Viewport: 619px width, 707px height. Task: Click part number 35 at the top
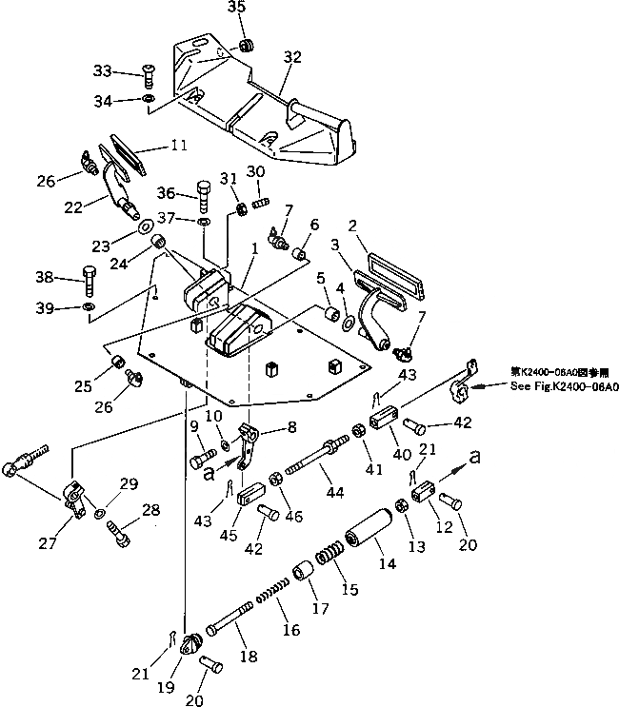[238, 10]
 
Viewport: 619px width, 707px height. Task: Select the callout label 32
[291, 57]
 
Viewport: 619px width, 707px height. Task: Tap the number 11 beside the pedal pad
[179, 146]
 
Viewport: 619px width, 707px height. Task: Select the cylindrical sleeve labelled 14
[369, 528]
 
